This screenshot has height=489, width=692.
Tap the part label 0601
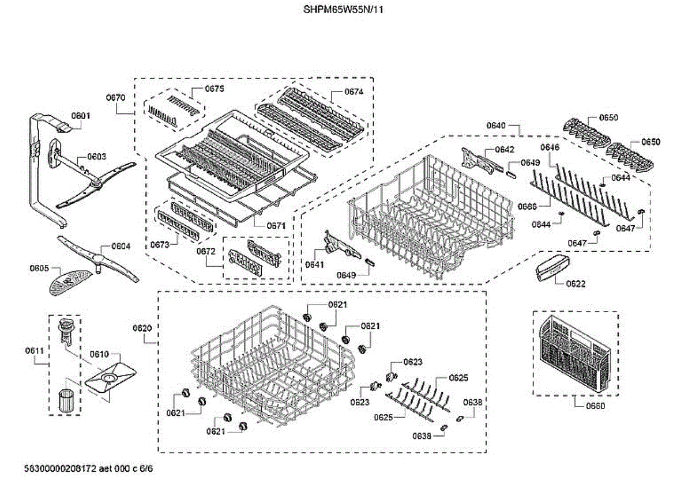[x=81, y=116]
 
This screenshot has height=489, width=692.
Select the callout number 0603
[x=96, y=157]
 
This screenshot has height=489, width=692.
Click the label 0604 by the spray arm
[x=121, y=246]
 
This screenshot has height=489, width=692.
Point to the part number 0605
[x=39, y=268]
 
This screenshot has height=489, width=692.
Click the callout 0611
[x=34, y=350]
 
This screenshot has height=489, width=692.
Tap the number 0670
[x=115, y=98]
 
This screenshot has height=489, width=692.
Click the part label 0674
[x=353, y=92]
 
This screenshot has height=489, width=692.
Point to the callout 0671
[x=276, y=226]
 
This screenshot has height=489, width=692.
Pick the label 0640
[x=496, y=125]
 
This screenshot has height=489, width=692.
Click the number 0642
[x=505, y=150]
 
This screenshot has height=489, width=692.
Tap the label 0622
[x=576, y=283]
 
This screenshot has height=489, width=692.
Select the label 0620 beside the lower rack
[x=142, y=328]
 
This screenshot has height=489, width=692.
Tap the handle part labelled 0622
[x=552, y=268]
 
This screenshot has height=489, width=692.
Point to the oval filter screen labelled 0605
[x=64, y=282]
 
